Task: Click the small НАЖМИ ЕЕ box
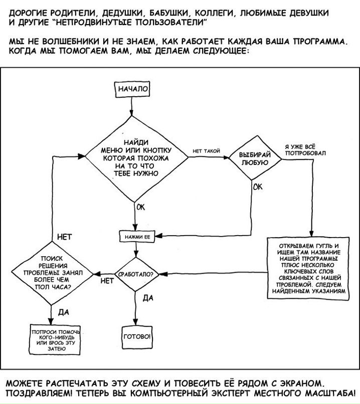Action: pyautogui.click(x=135, y=235)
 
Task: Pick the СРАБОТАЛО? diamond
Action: pyautogui.click(x=135, y=275)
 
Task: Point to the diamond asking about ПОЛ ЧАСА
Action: pyautogui.click(x=52, y=273)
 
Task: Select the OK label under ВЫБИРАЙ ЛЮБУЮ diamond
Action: pyautogui.click(x=258, y=187)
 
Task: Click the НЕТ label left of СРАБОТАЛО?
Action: pyautogui.click(x=107, y=281)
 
